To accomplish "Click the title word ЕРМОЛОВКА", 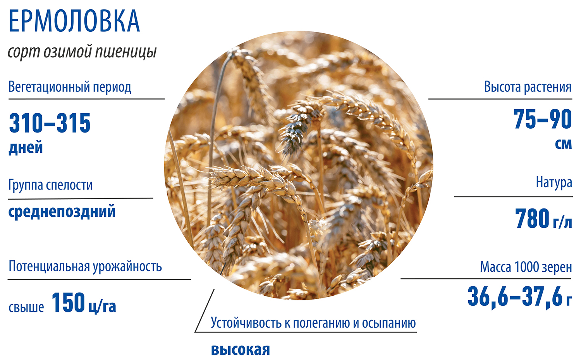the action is [x=74, y=21].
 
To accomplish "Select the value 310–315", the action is [x=50, y=123].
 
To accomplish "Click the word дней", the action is [x=26, y=147].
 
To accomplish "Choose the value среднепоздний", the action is [x=62, y=212].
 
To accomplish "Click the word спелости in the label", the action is [x=69, y=185].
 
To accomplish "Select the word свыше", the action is [x=26, y=307].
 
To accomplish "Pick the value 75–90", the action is [x=543, y=119].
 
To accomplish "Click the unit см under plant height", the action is [x=563, y=144].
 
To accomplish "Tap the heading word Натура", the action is [x=554, y=183].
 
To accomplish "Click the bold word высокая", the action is [x=241, y=350].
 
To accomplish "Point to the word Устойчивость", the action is [x=246, y=323].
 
